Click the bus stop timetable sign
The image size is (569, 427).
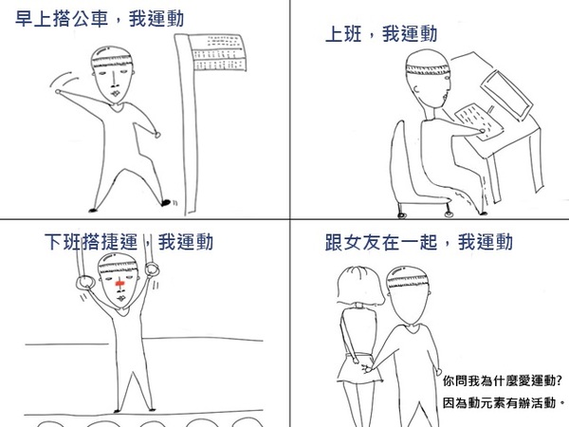tap(217, 52)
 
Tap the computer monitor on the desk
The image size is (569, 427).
tap(507, 95)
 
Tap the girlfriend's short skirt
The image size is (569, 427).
tap(360, 367)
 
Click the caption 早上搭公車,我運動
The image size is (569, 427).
tap(100, 19)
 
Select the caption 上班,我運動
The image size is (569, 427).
tap(381, 34)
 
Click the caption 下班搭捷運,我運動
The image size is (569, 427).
tap(129, 242)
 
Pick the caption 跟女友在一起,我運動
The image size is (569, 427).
tap(419, 242)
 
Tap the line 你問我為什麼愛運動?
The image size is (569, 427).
tap(503, 381)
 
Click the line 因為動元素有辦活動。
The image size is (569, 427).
tap(505, 402)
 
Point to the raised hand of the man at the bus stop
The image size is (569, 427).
tap(58, 92)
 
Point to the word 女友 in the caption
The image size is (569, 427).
tap(353, 242)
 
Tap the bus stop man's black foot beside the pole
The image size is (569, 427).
tap(166, 203)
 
